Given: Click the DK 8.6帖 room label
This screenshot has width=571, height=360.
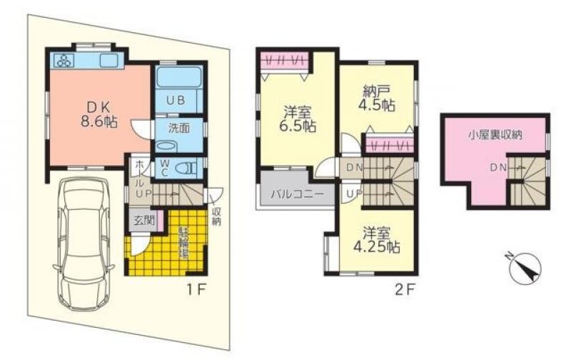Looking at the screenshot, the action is [98, 114].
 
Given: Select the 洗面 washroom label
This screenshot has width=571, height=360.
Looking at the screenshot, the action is [179, 129].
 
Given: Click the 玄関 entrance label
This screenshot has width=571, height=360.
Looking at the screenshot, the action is [144, 220].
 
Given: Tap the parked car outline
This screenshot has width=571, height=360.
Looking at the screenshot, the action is [84, 243].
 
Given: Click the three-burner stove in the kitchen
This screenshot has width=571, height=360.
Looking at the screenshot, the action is [65, 60].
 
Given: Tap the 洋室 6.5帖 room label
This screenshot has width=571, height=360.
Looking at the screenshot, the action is [297, 119].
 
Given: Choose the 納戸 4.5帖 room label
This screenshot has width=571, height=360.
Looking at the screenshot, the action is [377, 98].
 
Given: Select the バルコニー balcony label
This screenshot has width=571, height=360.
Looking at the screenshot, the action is [297, 194].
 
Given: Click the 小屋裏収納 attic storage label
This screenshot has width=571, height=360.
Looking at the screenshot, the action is [495, 136].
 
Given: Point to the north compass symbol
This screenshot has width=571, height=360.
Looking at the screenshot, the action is [525, 267].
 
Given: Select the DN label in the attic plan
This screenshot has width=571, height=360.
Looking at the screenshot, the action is [498, 168].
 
